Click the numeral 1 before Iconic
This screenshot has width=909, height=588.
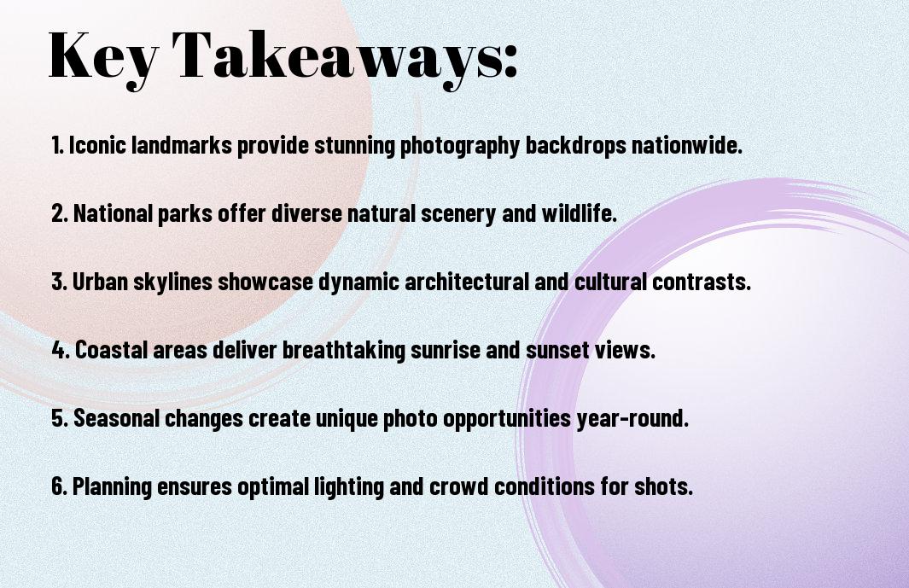57,145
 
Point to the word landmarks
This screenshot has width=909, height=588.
182,145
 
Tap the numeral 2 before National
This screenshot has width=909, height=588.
60,213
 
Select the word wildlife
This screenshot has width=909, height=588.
579,213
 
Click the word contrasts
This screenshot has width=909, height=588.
702,282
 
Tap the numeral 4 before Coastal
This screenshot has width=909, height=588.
61,350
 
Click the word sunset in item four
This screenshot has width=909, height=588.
557,350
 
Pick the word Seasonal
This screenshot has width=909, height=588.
116,417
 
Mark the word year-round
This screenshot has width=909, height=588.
632,419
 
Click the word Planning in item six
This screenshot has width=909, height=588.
112,486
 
